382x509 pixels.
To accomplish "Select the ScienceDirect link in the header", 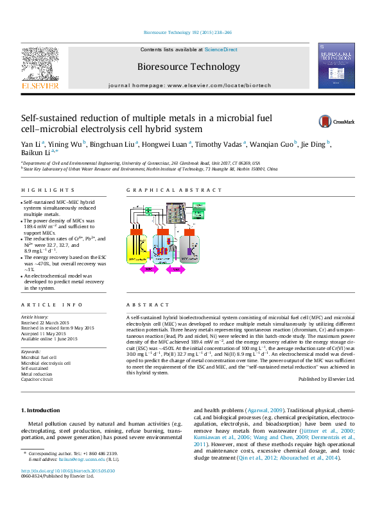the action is pyautogui.click(x=221, y=49).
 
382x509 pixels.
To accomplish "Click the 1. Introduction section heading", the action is pyautogui.click(x=42, y=410).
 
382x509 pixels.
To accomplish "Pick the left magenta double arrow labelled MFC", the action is pyautogui.click(x=148, y=270).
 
